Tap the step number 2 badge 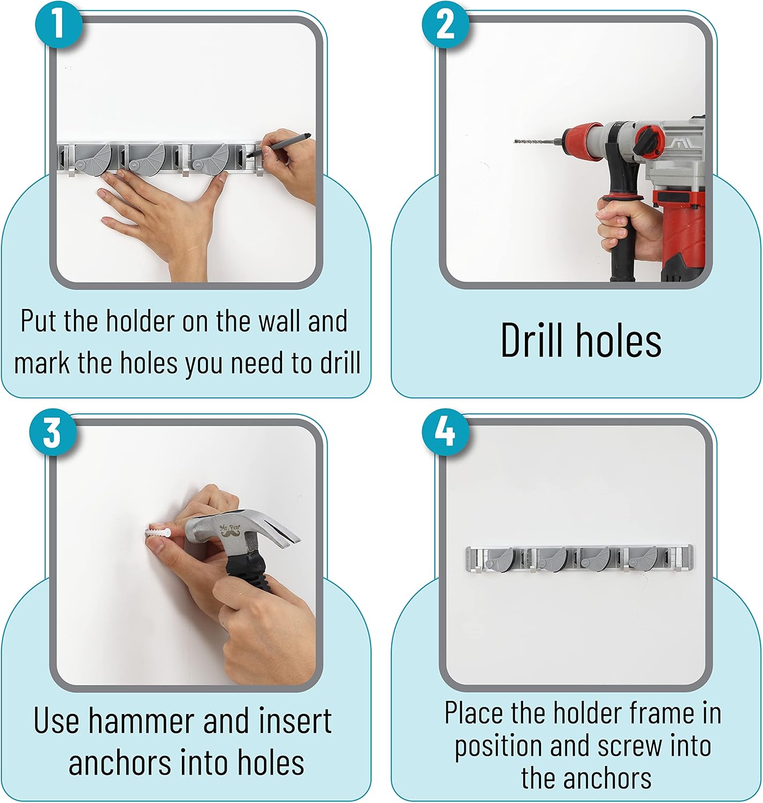point(445,25)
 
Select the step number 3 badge point(53,432)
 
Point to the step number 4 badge point(445,432)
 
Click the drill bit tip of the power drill point(515,142)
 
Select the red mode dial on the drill point(649,141)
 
